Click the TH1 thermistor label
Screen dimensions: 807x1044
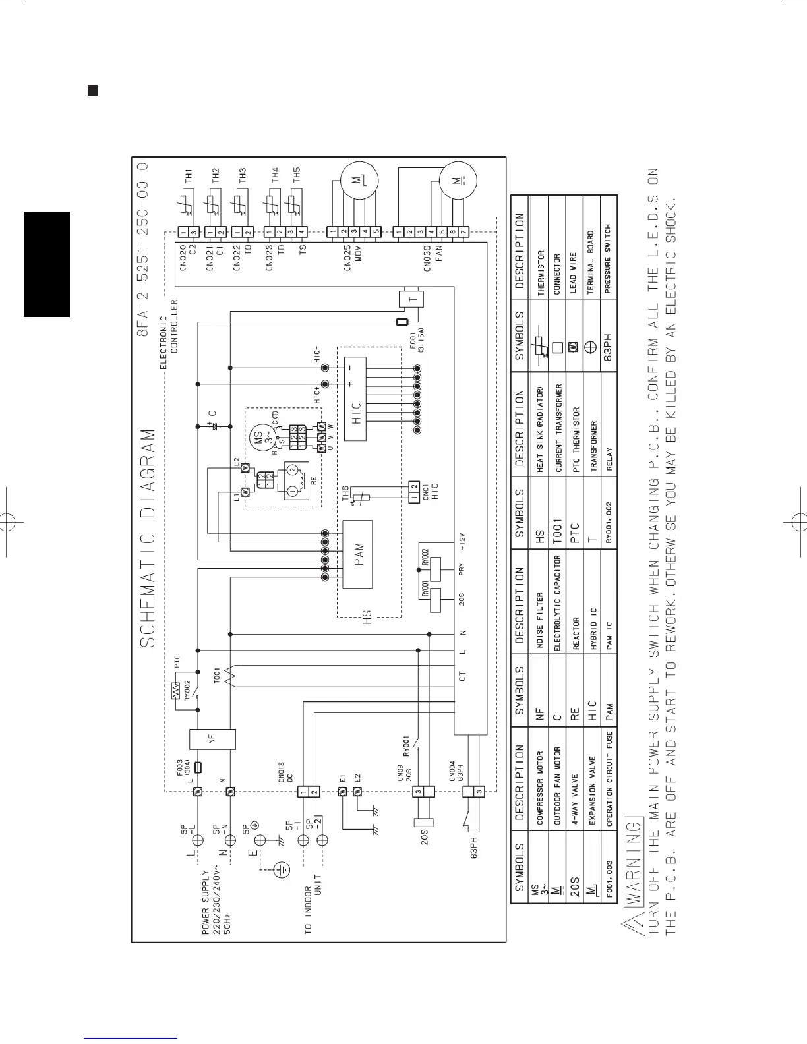pos(189,175)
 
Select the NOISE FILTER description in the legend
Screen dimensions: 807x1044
pos(539,617)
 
